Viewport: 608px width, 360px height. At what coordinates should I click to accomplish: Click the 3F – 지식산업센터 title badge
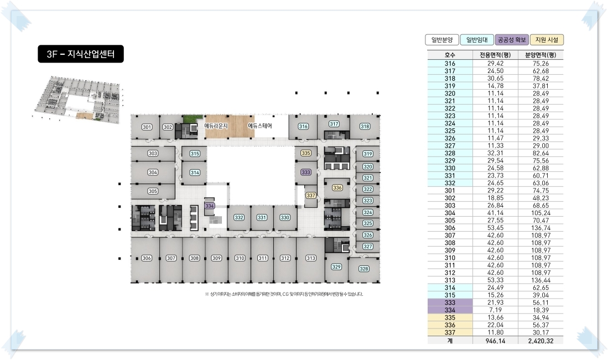[81, 54]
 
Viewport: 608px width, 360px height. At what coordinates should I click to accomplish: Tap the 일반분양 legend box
[442, 40]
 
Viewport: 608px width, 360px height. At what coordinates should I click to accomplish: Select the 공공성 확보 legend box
[512, 40]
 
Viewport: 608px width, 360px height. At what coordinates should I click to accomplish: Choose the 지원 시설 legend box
[547, 40]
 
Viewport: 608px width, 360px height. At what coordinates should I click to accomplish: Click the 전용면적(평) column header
[495, 55]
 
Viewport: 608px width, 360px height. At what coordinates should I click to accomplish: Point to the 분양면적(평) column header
[541, 55]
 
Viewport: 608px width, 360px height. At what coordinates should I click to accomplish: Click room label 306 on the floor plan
[147, 258]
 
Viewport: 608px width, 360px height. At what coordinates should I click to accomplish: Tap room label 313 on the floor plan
[311, 258]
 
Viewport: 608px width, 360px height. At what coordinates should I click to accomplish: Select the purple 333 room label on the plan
[305, 173]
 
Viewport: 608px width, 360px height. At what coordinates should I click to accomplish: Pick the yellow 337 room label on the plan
[310, 195]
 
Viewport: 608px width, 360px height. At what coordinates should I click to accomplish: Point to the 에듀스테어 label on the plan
[260, 126]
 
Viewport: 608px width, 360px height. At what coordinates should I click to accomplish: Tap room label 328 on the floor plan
[363, 269]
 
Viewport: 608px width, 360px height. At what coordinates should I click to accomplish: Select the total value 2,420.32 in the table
[541, 341]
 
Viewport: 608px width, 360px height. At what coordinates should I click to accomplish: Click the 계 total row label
[450, 341]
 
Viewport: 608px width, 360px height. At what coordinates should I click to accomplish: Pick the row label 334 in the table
[450, 310]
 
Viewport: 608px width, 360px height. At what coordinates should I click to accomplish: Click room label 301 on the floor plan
[147, 127]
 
